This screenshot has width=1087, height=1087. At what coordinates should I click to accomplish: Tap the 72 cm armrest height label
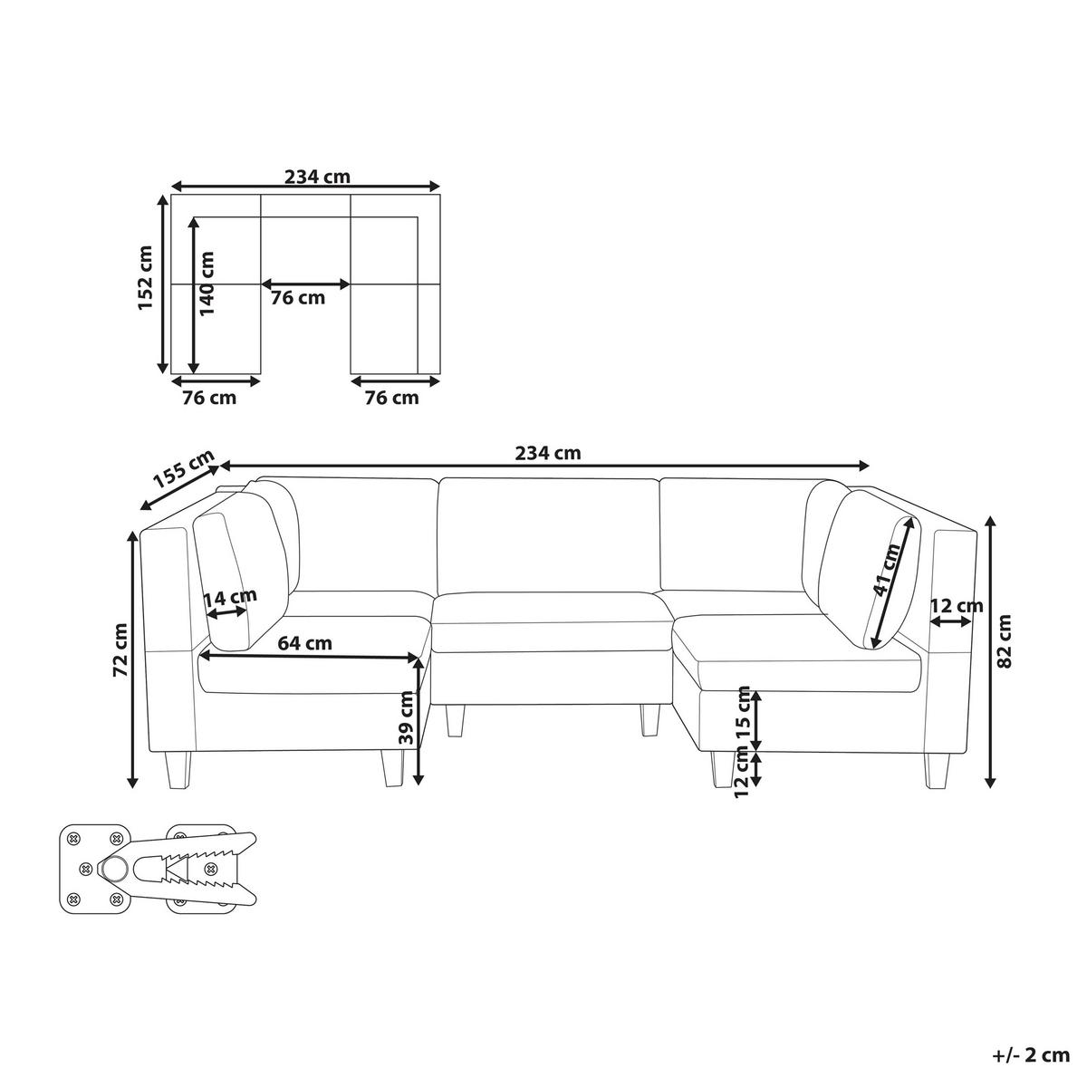pos(121,649)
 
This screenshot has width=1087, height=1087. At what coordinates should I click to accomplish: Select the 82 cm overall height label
pos(1005,641)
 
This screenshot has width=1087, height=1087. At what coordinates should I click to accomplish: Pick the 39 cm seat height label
pos(406,717)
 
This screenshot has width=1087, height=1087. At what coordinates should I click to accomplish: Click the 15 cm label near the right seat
pos(743,714)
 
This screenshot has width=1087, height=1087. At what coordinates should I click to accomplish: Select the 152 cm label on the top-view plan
pos(146,277)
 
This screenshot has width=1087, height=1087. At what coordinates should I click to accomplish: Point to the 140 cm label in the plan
pos(207,284)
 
